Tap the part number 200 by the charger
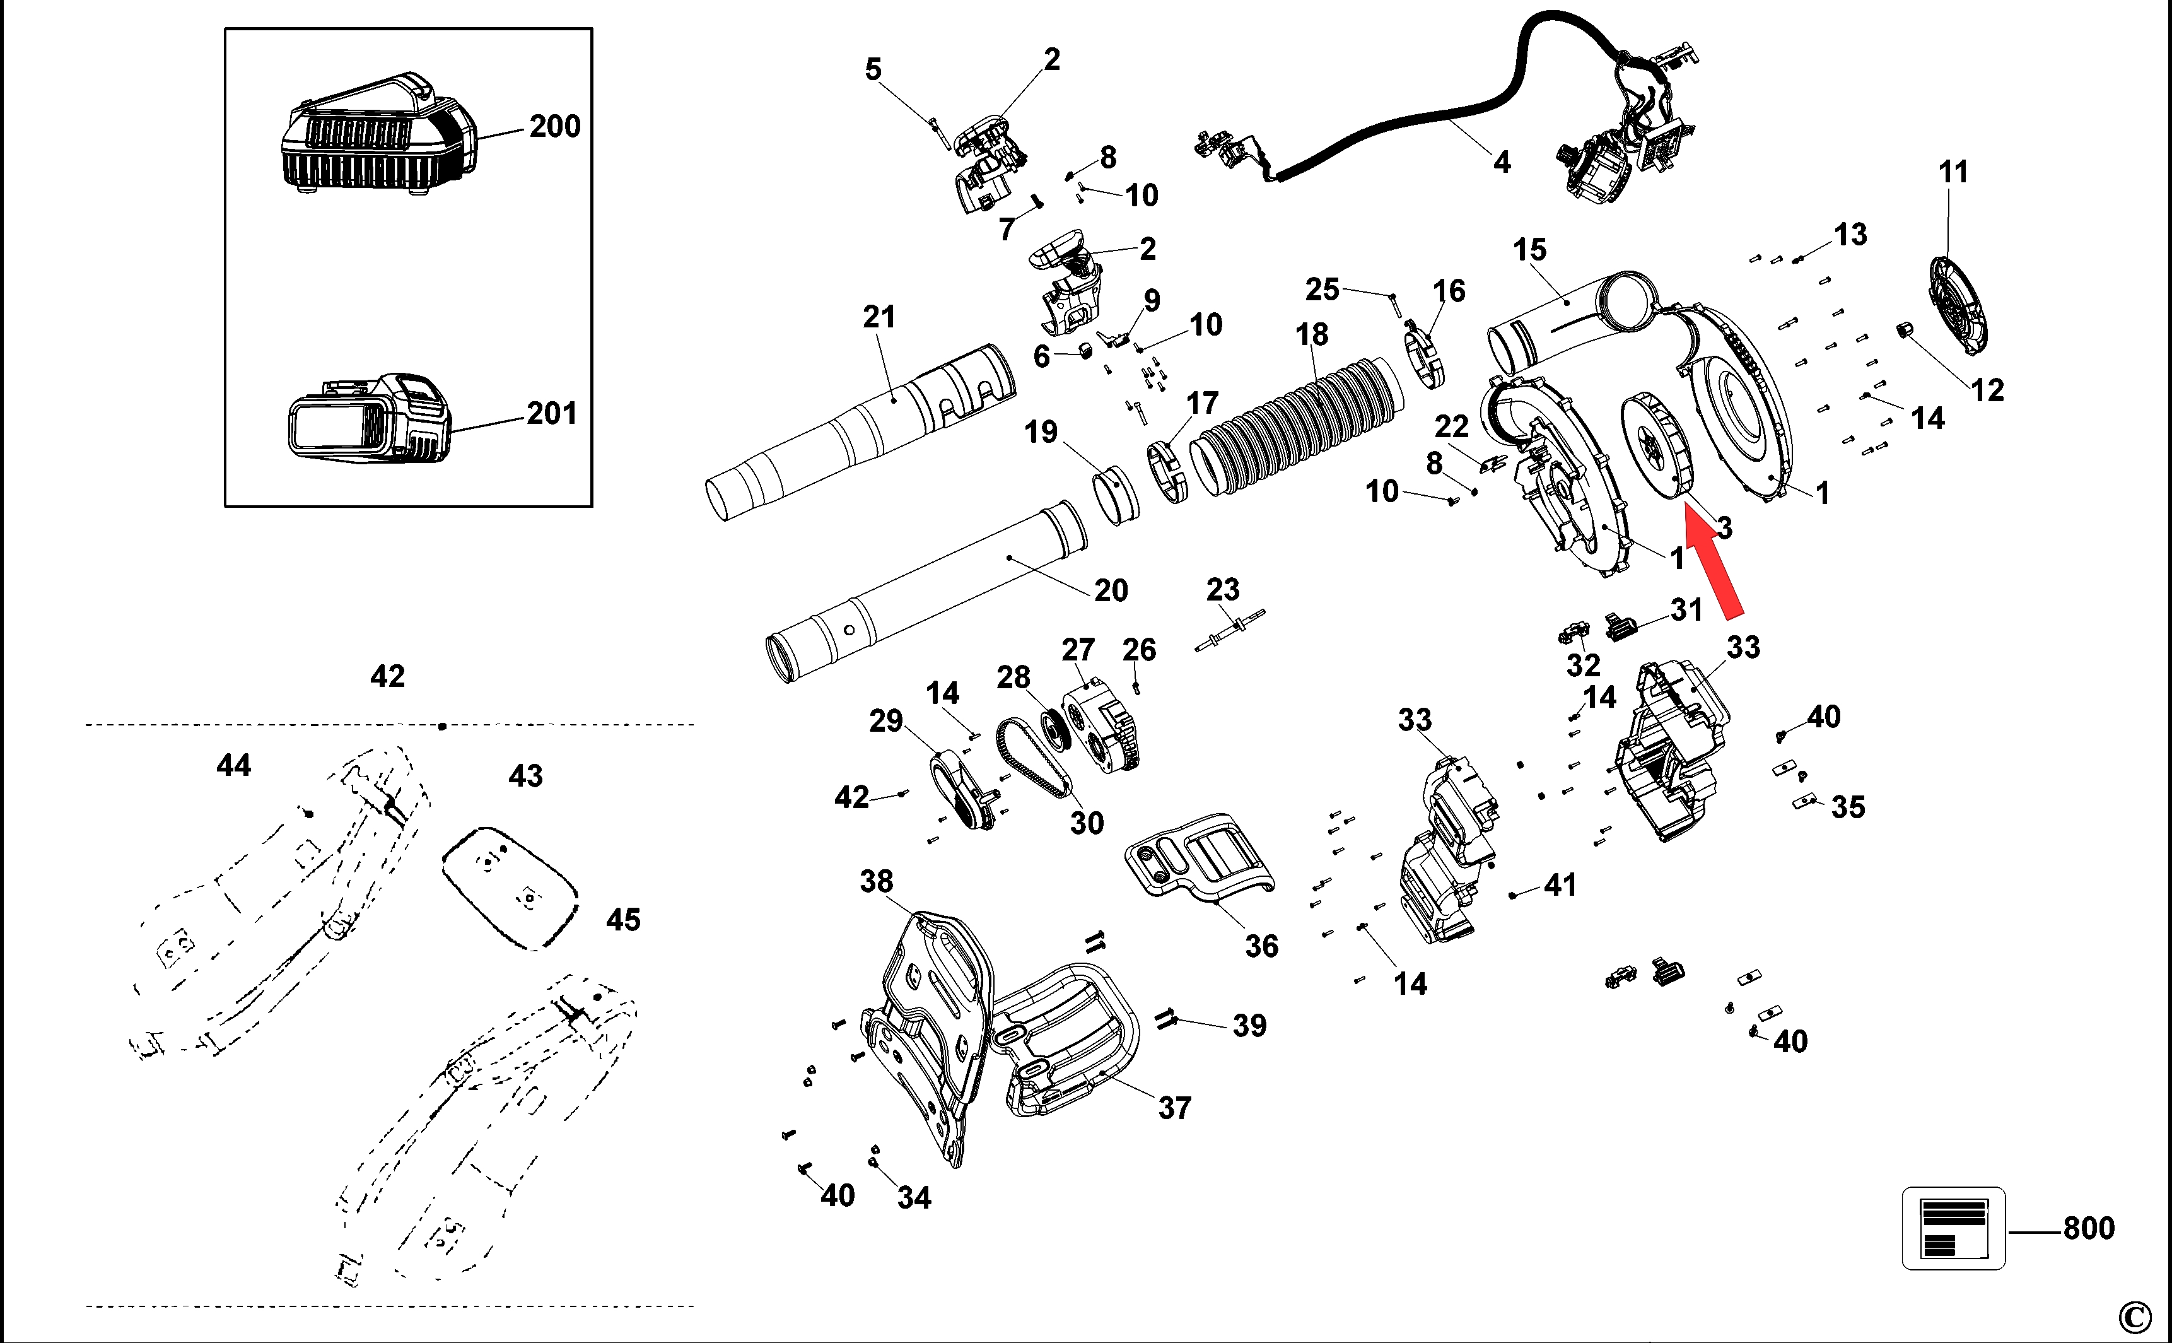click(x=555, y=126)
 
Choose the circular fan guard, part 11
click(x=1958, y=307)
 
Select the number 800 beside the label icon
click(x=2089, y=1228)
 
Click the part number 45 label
click(x=622, y=919)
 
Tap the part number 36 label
click(x=1261, y=946)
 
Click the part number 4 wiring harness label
click(x=1502, y=161)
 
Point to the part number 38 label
click(x=877, y=881)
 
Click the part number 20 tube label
click(x=1110, y=590)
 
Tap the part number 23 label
click(x=1223, y=589)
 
